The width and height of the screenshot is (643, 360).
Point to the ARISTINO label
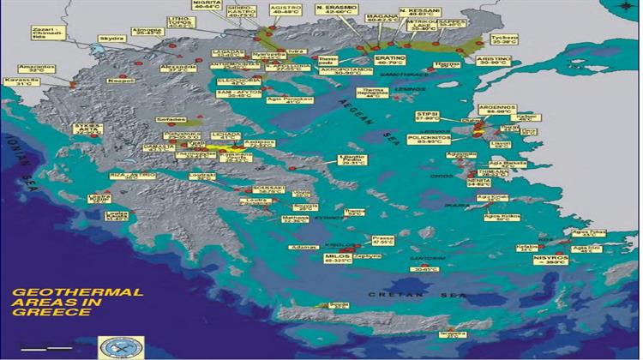[500, 61]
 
